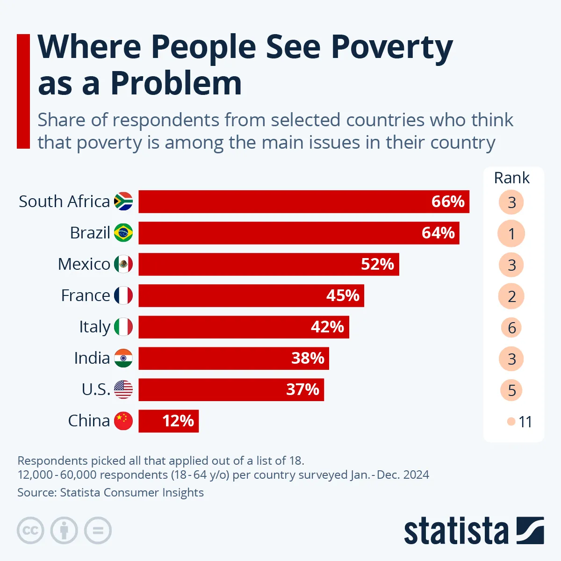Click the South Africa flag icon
point(123,201)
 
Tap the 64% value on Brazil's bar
point(438,233)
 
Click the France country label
point(86,295)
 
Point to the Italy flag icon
point(123,327)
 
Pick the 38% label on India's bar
point(308,358)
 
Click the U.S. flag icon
point(123,389)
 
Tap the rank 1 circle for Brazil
point(511,233)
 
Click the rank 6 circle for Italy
point(511,328)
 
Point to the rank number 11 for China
point(525,422)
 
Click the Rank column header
point(511,178)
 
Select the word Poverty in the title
point(392,47)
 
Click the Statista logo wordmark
point(456,531)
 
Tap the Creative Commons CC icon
point(30,531)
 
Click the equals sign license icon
point(98,531)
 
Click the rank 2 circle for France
point(511,296)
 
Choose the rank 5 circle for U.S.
point(511,390)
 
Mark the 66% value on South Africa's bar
point(448,201)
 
